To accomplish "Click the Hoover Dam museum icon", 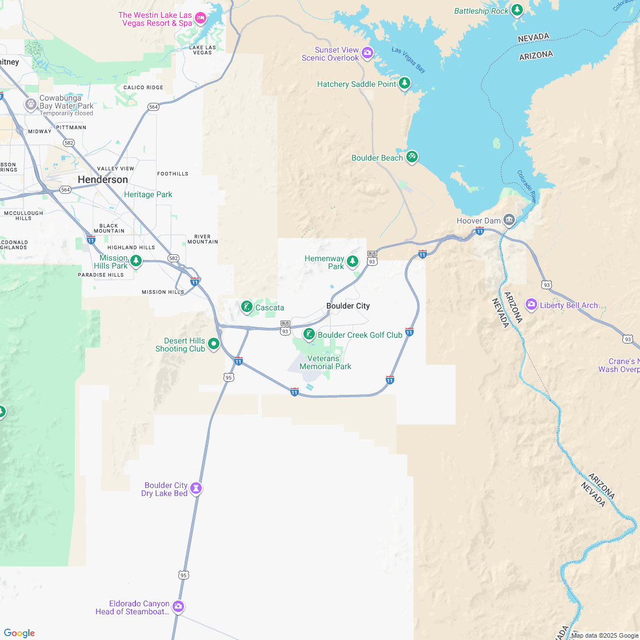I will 509,220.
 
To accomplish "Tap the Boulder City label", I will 348,306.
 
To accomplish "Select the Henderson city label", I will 103,179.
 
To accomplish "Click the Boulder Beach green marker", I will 412,158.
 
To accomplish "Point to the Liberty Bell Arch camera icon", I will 531,305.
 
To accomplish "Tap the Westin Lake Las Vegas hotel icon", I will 201,19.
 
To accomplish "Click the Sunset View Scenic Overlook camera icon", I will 367,54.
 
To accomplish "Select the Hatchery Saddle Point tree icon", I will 405,84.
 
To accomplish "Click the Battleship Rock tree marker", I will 517,10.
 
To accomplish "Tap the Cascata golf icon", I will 247,307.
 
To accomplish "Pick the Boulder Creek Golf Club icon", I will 309,334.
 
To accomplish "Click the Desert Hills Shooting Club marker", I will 214,344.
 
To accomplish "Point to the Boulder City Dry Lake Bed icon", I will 197,489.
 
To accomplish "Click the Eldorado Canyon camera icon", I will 178,606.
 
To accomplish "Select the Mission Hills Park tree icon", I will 135,261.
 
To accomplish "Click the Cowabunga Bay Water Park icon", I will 30,105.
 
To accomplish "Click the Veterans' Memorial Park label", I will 325,362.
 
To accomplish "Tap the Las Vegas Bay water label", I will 409,59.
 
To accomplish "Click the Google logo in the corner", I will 19,633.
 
